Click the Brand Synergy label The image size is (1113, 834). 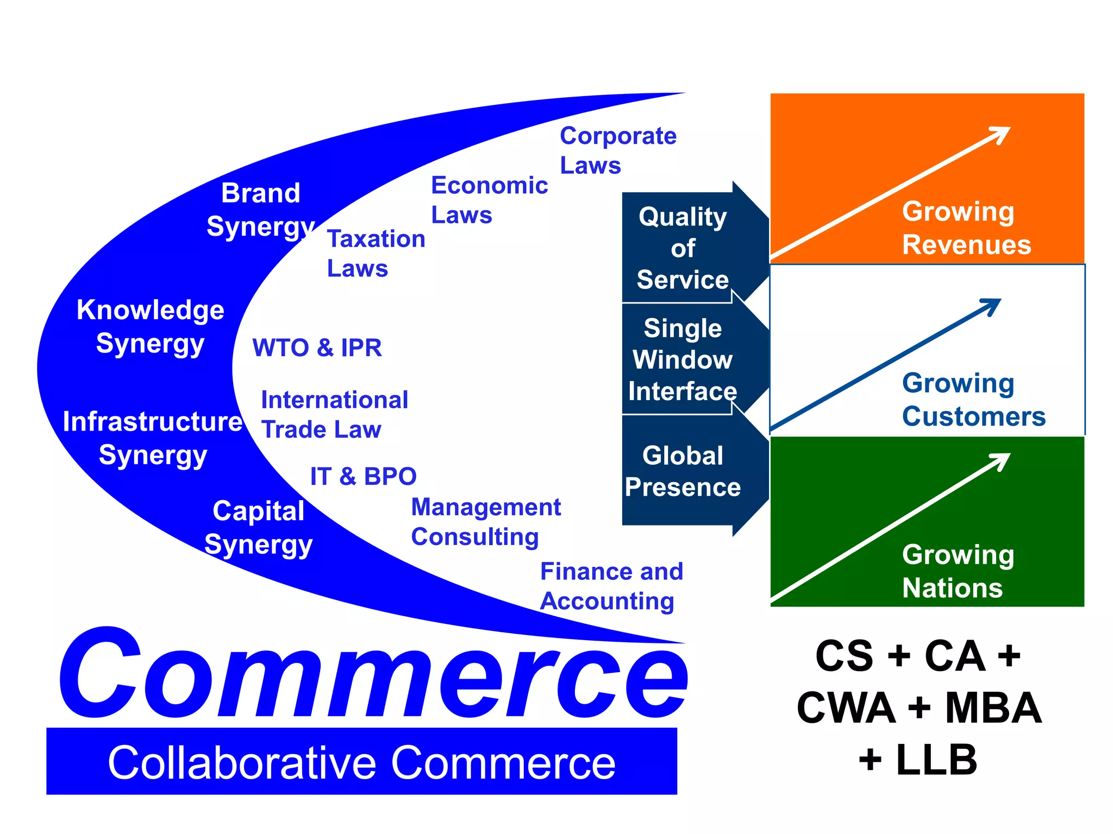pos(261,210)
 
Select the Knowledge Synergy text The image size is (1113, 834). pos(151,326)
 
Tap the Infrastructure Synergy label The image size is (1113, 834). pos(153,438)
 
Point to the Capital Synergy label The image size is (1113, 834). pos(259,527)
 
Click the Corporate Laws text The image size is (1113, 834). pos(618,150)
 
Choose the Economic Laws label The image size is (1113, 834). pos(489,200)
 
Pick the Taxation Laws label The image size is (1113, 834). pos(376,254)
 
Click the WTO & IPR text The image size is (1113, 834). pos(317,347)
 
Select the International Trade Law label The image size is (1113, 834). pos(334,414)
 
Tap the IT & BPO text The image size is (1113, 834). pos(363,476)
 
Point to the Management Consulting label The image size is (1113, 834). pos(485,522)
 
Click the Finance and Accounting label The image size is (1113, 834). pos(611,586)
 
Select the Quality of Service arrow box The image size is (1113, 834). pos(683,248)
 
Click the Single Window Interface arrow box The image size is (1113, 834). pos(683,359)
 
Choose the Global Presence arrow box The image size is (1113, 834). pos(683,471)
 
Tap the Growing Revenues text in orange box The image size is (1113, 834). pos(966,228)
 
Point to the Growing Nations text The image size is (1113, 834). pos(958,571)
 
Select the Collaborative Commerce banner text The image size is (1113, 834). pos(361,762)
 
